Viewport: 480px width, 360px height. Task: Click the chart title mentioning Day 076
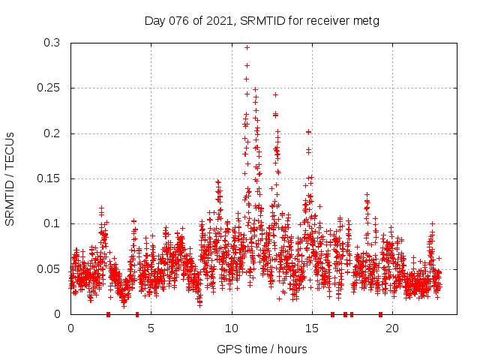pos(262,20)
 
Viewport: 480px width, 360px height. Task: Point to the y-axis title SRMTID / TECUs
pos(10,178)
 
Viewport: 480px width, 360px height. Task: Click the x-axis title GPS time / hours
pos(262,349)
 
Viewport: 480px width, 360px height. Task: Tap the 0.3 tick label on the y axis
pos(51,43)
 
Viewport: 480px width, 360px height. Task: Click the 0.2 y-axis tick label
pos(51,133)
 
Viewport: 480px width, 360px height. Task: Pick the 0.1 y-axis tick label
pos(51,223)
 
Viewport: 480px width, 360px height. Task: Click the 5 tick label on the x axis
pos(151,328)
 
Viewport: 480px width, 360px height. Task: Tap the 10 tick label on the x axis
pos(232,328)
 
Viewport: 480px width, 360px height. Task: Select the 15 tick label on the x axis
pos(312,328)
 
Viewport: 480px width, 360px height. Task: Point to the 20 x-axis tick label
pos(392,328)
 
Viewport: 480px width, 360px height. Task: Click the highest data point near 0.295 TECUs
pos(247,47)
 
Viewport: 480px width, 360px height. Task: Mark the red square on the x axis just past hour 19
pos(380,314)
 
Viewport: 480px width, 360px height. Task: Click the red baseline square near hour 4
pos(137,314)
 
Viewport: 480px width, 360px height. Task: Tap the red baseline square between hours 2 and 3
pos(109,314)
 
